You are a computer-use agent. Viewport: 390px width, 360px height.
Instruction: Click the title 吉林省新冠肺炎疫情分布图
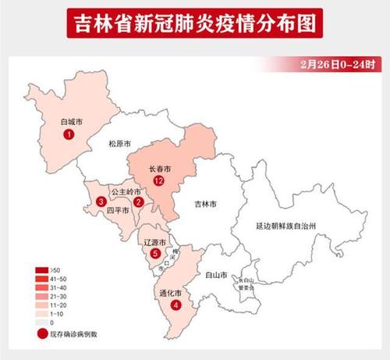194,24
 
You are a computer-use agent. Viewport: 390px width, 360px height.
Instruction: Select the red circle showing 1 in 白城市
70,135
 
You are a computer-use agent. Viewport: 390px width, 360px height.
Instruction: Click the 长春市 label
160,168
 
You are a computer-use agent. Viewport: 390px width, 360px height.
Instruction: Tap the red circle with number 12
159,181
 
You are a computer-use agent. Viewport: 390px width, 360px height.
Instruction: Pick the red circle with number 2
138,202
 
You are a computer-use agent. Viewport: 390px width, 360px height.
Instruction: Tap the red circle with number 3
101,202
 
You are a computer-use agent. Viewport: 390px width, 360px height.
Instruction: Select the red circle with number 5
155,254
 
